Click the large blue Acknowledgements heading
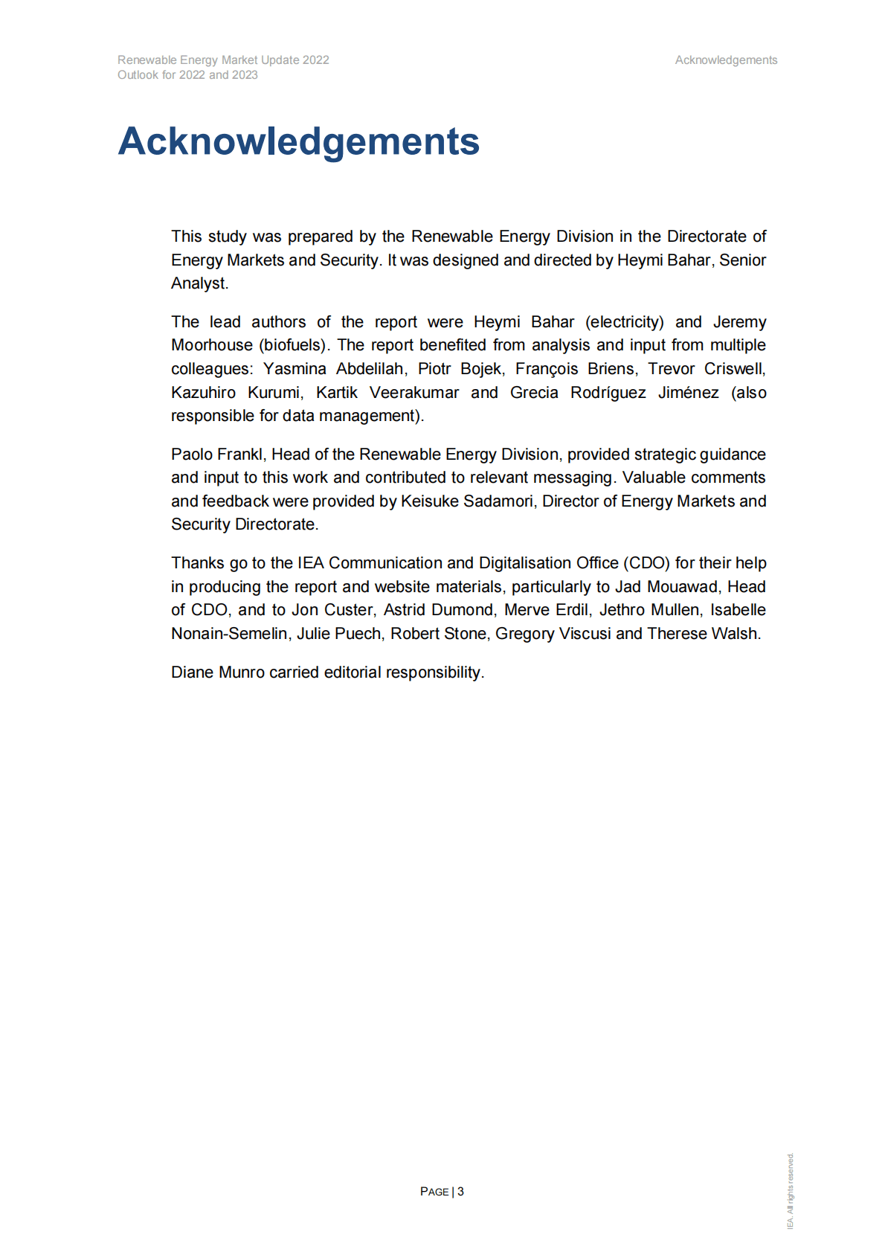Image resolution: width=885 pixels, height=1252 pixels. click(298, 141)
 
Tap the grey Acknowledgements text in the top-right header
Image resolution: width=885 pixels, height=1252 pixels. click(726, 60)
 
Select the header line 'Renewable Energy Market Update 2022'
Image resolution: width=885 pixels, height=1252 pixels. click(223, 60)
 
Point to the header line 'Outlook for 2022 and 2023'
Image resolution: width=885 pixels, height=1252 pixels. click(187, 75)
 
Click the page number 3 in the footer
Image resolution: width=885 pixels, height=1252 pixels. click(460, 1191)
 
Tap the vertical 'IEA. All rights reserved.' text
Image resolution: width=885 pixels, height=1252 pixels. click(791, 1190)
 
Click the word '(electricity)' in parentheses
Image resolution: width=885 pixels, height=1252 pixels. click(624, 322)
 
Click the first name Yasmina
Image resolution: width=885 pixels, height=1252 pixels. click(295, 369)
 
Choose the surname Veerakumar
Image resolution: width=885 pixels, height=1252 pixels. click(414, 393)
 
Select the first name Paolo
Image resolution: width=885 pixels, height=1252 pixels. click(191, 455)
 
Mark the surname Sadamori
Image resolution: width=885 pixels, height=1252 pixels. click(498, 501)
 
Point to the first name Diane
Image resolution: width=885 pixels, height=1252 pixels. click(192, 672)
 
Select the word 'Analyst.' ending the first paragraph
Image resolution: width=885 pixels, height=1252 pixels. click(199, 283)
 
